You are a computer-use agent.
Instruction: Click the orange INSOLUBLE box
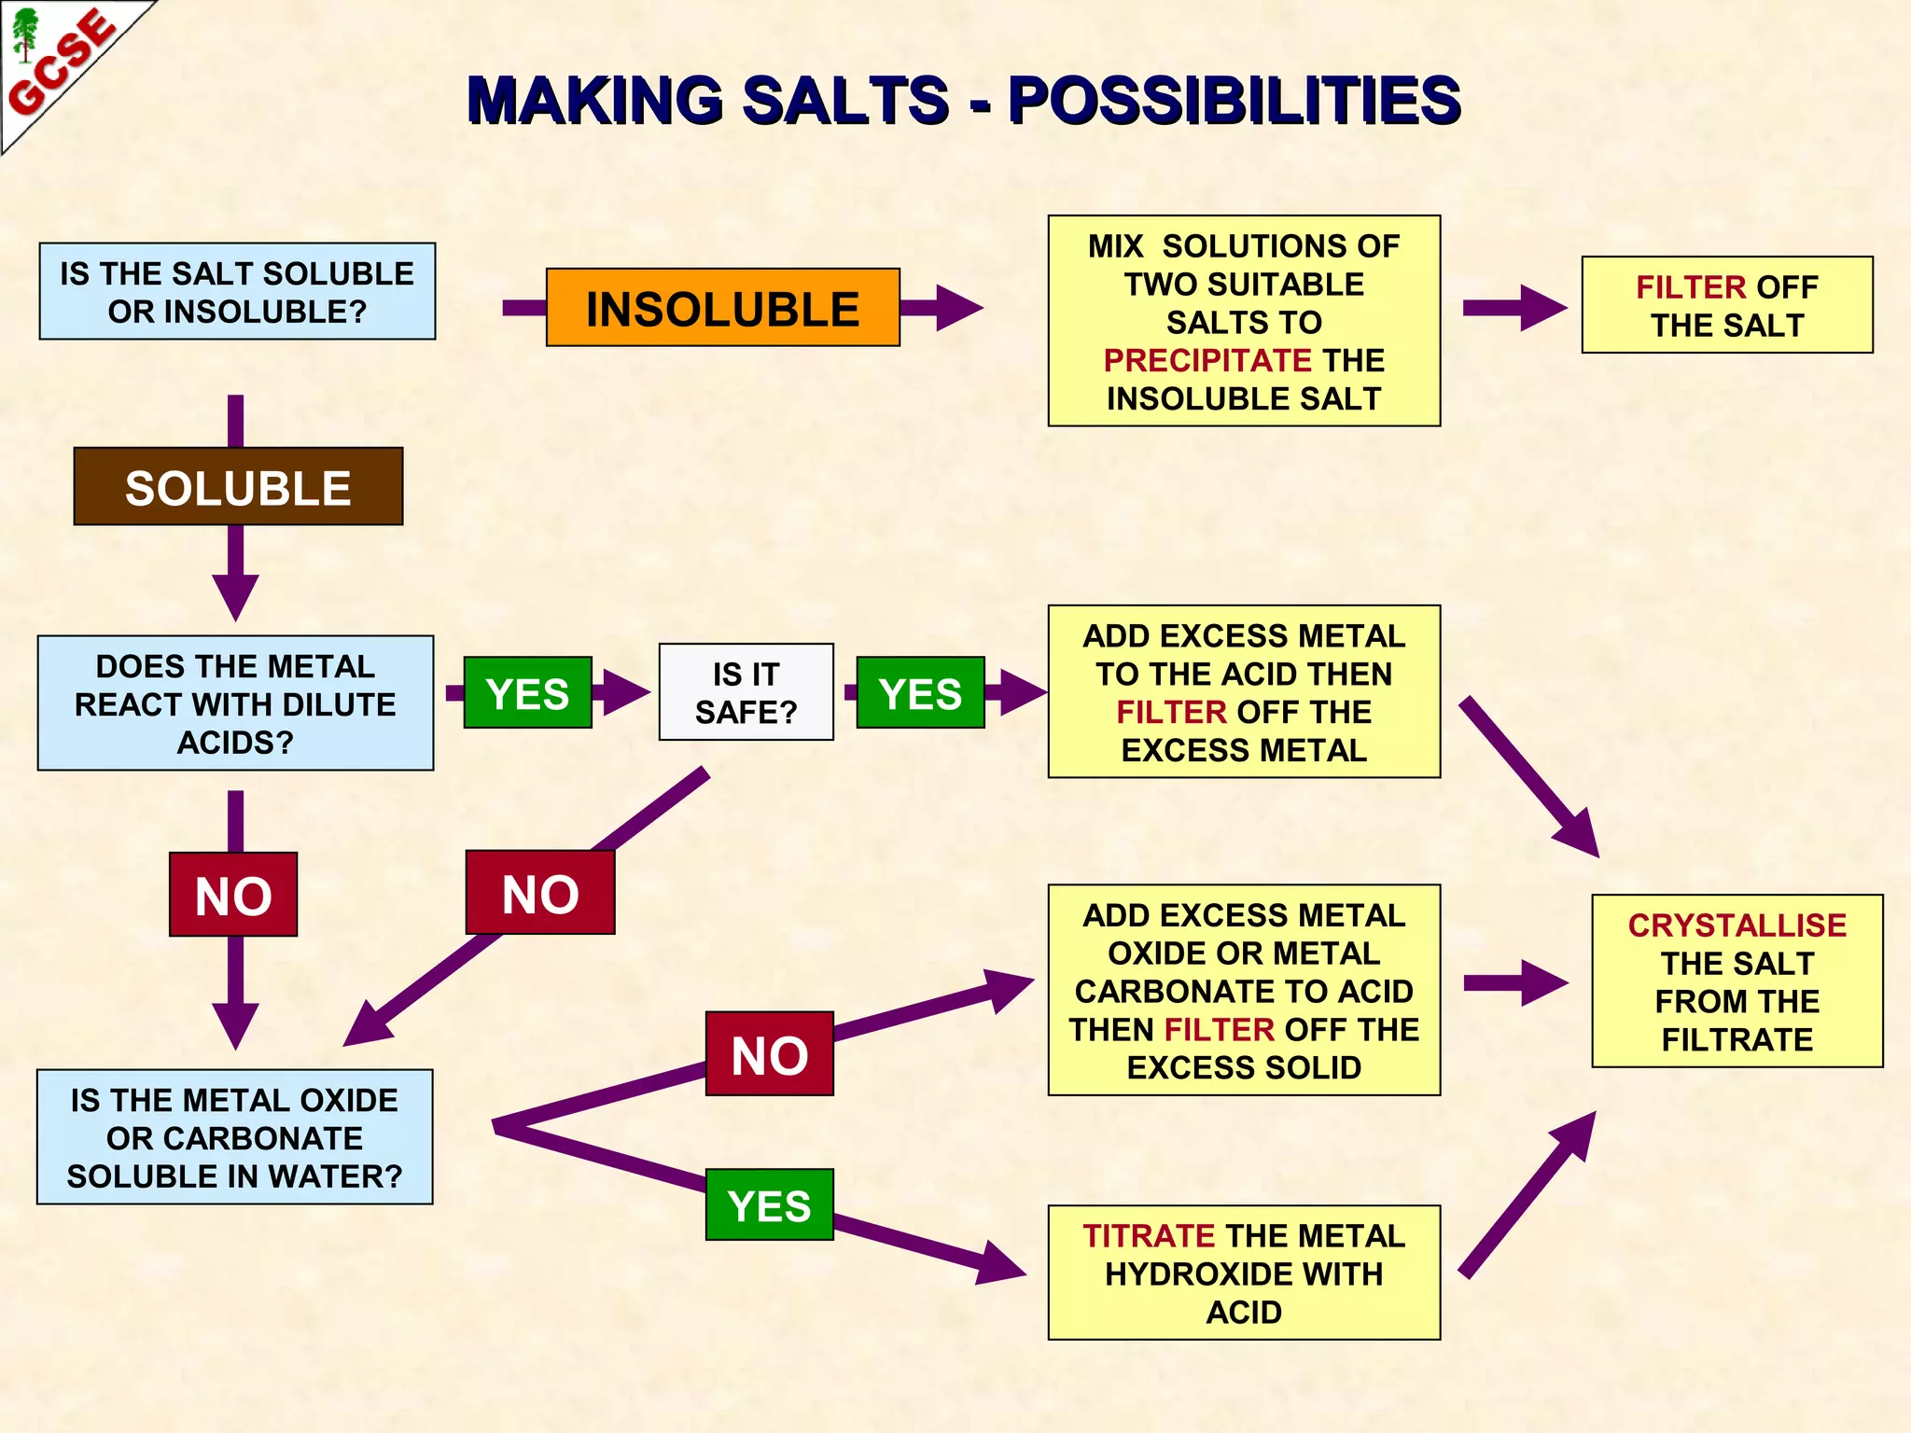[722, 308]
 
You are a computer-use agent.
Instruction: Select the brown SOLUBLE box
[238, 487]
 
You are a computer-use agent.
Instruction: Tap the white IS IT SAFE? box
[746, 692]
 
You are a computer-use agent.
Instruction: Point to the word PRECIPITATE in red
[1207, 360]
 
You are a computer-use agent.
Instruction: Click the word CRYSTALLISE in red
[1737, 925]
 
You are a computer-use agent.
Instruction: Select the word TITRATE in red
[1148, 1235]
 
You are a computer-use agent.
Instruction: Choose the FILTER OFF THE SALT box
[1726, 305]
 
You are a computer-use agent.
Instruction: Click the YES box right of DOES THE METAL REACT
[527, 693]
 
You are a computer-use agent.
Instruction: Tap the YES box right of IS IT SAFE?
[920, 693]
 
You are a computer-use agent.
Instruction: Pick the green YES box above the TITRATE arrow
[769, 1204]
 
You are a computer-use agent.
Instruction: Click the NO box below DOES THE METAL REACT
[233, 895]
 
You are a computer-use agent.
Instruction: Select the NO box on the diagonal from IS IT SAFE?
[540, 893]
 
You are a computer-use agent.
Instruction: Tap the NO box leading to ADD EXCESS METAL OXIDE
[769, 1054]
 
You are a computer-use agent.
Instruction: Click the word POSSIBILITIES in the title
[1234, 101]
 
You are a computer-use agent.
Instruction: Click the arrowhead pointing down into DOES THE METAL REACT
[235, 597]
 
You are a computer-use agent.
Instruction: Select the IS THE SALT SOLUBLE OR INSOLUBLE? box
[237, 291]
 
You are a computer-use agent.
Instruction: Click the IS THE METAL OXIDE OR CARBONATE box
[234, 1137]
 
